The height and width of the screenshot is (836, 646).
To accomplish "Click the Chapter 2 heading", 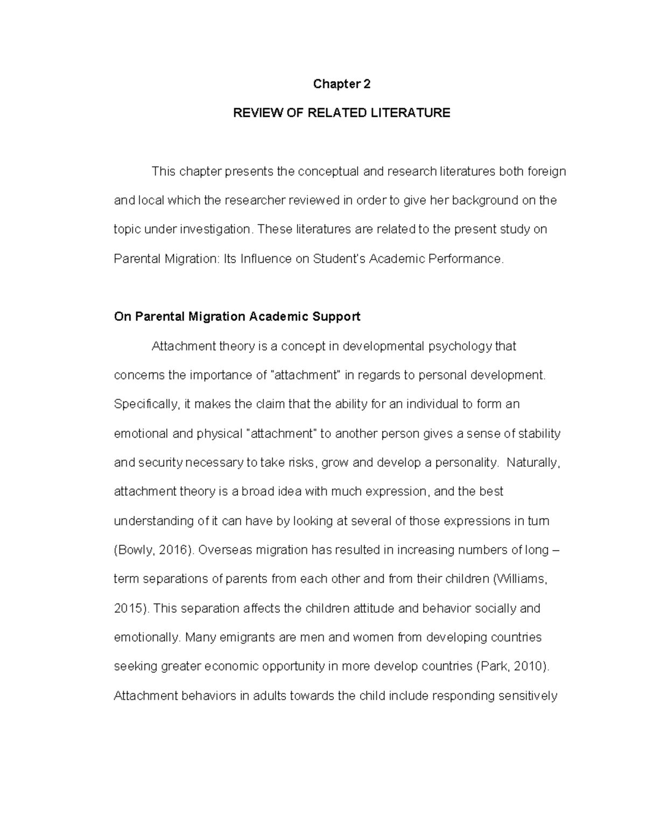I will (342, 84).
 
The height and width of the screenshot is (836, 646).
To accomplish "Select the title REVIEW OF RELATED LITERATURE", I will (341, 113).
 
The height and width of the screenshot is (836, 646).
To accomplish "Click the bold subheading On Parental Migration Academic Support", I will (237, 317).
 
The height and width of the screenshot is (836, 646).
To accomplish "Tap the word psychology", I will (460, 346).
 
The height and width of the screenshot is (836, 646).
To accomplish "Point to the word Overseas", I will (225, 550).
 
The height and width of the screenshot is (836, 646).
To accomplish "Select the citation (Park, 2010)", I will (514, 666).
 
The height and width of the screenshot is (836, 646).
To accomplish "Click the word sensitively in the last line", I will (528, 696).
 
